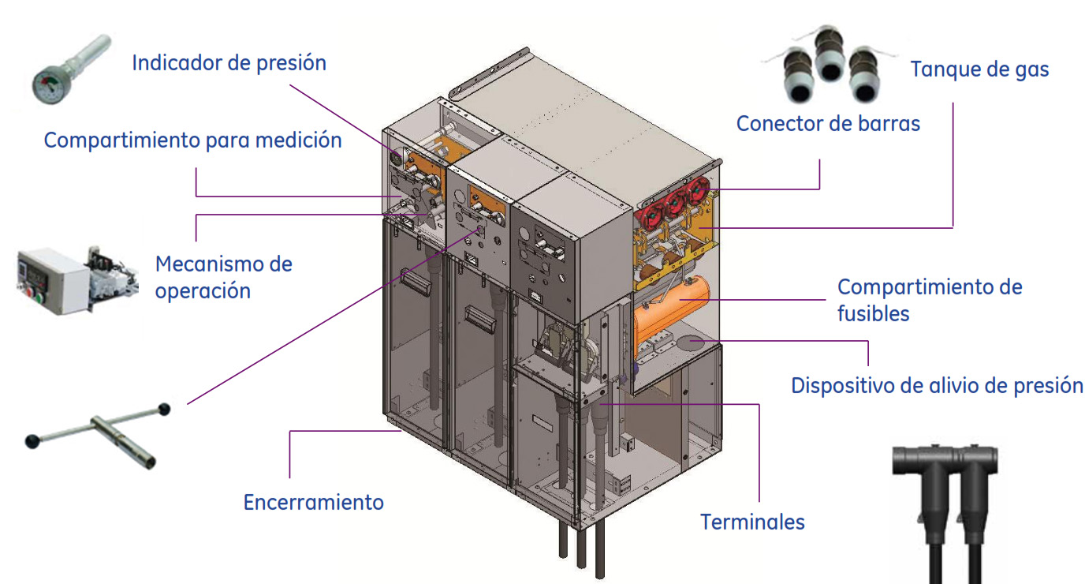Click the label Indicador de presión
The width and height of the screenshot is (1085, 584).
coord(229,62)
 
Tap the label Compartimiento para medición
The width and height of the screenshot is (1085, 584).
coord(192,140)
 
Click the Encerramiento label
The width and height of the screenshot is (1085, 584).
coord(313,502)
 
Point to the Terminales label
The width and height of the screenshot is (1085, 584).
coord(752,522)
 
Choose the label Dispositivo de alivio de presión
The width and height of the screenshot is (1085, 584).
coord(937,386)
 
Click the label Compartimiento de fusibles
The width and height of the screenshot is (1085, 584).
coord(929,300)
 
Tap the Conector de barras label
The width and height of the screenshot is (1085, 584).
coord(828,123)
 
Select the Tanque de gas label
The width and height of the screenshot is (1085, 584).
coord(979,69)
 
